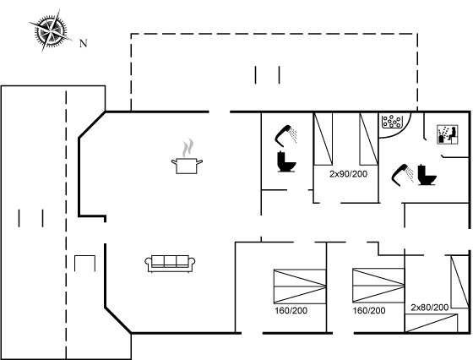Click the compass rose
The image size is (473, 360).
click(51, 30)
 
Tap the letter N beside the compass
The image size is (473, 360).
click(84, 43)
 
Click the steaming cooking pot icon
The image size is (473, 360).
click(187, 156)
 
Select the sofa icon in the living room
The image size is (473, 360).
click(170, 264)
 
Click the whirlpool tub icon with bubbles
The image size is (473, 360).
click(391, 122)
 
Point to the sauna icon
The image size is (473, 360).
click(448, 134)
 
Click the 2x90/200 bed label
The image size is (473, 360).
click(348, 174)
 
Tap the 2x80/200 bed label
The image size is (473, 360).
click(430, 308)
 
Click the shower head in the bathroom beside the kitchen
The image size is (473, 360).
click(285, 135)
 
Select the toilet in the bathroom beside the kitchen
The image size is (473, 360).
click(286, 161)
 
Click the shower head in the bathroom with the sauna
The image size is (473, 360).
click(402, 175)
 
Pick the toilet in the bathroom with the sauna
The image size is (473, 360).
click(427, 175)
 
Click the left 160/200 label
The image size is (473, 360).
click(291, 310)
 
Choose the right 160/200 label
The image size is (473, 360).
click(369, 310)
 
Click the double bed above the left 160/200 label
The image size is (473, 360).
click(300, 286)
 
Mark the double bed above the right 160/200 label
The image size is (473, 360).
click(378, 285)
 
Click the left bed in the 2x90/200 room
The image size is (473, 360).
click(323, 139)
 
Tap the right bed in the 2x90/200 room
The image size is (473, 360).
click(368, 139)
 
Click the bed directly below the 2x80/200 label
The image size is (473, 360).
click(431, 323)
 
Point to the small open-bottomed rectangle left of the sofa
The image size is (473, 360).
click(84, 256)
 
